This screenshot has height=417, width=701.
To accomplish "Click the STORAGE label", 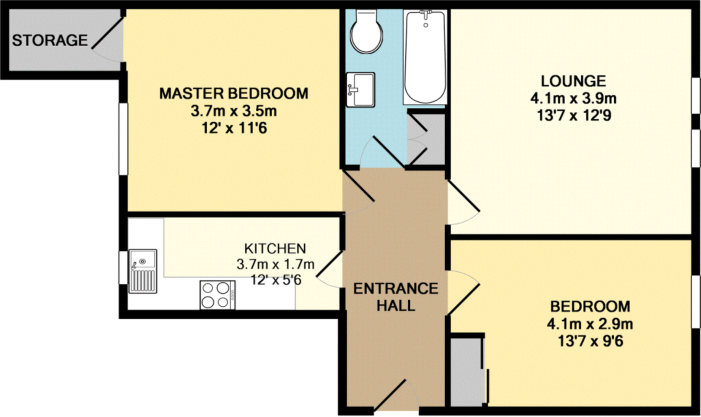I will coord(50,40).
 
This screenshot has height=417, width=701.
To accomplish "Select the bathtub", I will coord(425,57).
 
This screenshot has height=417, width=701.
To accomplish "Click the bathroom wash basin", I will coord(360,90).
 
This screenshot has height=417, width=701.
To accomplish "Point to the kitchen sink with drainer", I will coord(143,271).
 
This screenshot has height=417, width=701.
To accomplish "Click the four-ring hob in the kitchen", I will coord(217,295).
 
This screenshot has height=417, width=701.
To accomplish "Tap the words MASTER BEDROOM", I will coord(234,93).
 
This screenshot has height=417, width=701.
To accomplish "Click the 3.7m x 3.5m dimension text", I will coord(234,111).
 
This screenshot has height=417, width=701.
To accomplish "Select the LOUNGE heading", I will coord(573,81).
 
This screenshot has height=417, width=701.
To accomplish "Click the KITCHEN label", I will coord(275,249).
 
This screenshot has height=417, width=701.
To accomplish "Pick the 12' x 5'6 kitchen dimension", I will coord(276,280).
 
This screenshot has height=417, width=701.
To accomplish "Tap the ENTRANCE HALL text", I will coord(396,297).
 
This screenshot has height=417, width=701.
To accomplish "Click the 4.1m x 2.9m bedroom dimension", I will coord(590,324).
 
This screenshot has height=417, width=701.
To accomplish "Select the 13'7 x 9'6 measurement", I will coord(590,341).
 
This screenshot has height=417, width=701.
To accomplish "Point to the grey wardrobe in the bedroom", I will coord(466,371).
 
